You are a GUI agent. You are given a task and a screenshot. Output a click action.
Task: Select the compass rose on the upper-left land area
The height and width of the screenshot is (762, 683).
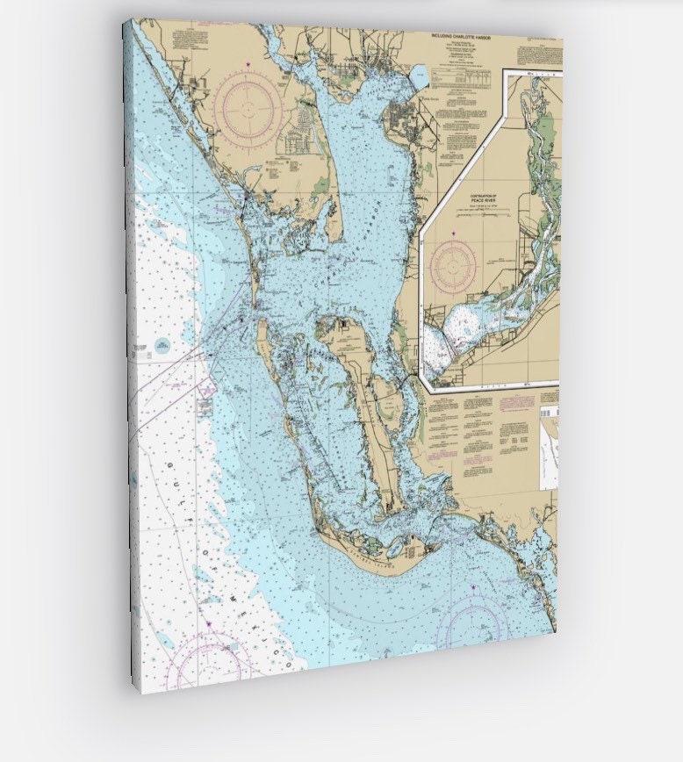tap(249, 109)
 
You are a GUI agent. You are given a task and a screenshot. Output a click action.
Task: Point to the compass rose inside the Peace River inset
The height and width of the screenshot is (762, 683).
tap(453, 265)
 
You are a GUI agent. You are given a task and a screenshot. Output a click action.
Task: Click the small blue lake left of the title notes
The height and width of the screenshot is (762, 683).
tap(419, 77)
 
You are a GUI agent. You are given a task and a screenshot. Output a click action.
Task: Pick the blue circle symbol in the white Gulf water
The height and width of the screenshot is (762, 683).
tap(162, 346)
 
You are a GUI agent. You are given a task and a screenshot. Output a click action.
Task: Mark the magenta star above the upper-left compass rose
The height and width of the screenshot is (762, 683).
tap(248, 64)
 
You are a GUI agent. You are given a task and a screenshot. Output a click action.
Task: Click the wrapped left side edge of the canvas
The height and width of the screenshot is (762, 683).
tap(128, 351)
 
